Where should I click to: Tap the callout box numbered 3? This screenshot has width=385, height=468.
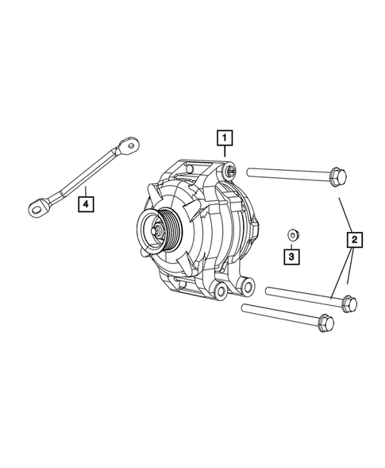pos(291,257)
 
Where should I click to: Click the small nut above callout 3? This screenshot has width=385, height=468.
pos(292,234)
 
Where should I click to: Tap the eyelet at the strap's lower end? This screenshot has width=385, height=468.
pos(37,208)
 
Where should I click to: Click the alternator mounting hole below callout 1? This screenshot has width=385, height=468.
pos(229,169)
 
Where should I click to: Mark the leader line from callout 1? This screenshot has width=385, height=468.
pos(226,157)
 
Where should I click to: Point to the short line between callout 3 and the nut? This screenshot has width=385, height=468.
pos(291,245)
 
